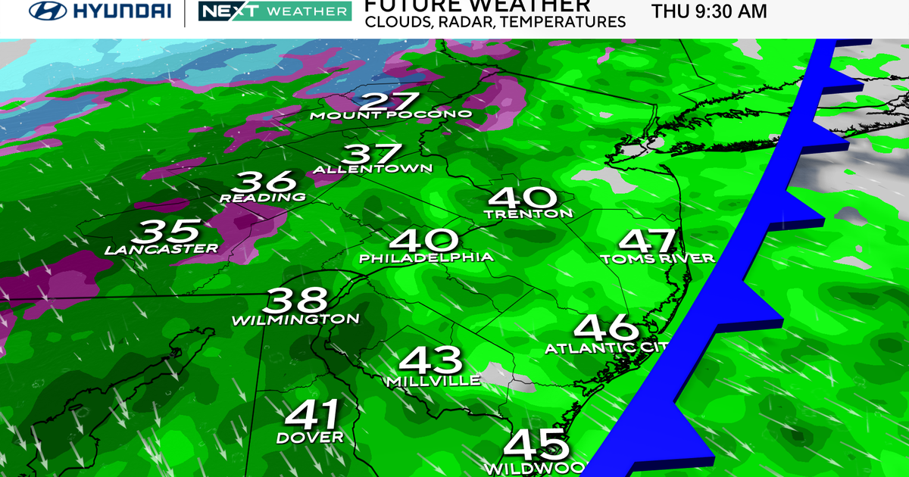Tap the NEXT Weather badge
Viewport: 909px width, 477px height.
(274, 11)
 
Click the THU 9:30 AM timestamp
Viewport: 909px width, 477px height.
(709, 11)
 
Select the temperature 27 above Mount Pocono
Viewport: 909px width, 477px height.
(390, 101)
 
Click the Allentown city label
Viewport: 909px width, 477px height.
(373, 168)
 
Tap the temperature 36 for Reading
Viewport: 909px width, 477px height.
(264, 182)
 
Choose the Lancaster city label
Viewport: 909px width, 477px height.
(161, 248)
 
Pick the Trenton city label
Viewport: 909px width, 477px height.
(529, 214)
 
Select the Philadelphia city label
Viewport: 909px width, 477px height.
(426, 257)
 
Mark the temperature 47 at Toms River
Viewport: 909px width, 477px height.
(648, 242)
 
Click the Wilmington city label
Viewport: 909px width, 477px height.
(295, 320)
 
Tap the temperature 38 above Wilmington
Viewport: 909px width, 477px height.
(298, 300)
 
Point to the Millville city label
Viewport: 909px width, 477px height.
(433, 380)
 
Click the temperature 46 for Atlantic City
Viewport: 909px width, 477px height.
(606, 327)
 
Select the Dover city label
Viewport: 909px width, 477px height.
(310, 438)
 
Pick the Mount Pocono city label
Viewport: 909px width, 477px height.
(391, 115)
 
